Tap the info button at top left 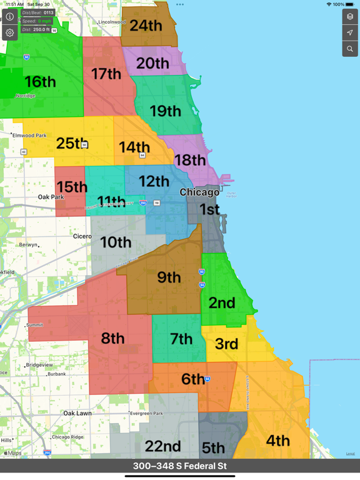(x=10, y=16)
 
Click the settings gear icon (x=10, y=32)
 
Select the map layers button (x=350, y=16)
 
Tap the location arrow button (x=350, y=32)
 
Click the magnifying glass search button (x=350, y=49)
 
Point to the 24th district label (x=146, y=26)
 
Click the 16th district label (x=40, y=81)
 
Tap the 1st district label (x=209, y=209)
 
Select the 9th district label (x=169, y=277)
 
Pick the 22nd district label (x=162, y=446)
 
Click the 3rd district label (x=226, y=344)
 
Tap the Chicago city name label (x=199, y=192)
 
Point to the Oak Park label (x=51, y=197)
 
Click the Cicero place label (x=82, y=236)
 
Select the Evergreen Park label (x=146, y=413)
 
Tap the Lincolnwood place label (x=112, y=22)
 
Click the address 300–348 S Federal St (x=180, y=466)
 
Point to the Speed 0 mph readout (x=37, y=21)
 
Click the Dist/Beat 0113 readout (x=37, y=12)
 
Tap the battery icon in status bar (x=351, y=4)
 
